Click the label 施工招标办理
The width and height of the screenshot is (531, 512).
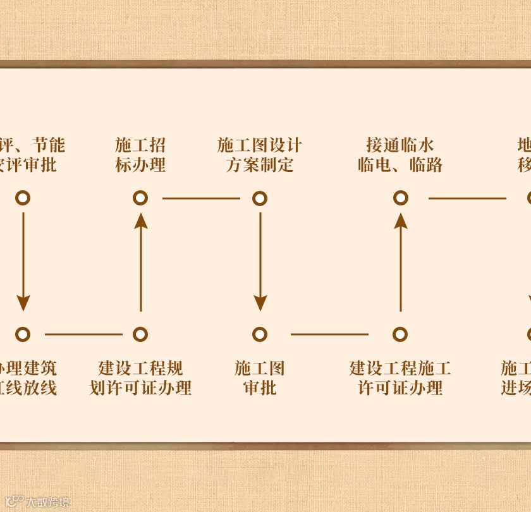click(140, 155)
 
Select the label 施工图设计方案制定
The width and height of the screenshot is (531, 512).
click(259, 155)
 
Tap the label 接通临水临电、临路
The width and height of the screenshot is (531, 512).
click(400, 155)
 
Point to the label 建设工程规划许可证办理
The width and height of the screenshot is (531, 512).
click(140, 377)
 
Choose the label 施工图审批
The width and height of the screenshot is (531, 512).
click(259, 377)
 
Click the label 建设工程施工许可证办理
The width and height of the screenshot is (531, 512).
click(400, 377)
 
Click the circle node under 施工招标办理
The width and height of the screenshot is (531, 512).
click(140, 198)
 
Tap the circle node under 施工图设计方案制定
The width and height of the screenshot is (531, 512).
click(259, 198)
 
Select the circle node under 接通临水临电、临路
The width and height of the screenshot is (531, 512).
click(400, 198)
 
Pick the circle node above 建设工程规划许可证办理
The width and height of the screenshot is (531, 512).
click(140, 334)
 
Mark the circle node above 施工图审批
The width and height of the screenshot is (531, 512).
click(259, 334)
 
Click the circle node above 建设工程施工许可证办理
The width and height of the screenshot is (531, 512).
click(400, 334)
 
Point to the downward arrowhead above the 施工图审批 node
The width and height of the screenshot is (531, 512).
click(259, 303)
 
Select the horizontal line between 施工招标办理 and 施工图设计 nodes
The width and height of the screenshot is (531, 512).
click(201, 198)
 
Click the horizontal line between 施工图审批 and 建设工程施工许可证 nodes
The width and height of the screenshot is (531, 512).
click(329, 334)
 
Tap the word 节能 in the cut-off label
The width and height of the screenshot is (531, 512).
click(49, 145)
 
